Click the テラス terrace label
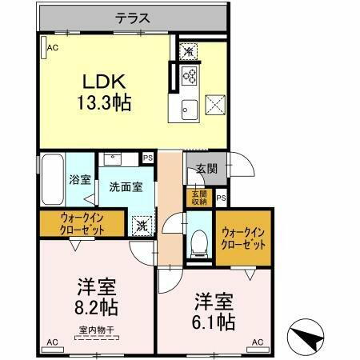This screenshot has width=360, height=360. pyautogui.click(x=134, y=16)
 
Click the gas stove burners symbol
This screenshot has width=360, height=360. pyautogui.click(x=191, y=78)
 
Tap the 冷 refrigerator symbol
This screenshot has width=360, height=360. pyautogui.click(x=188, y=51)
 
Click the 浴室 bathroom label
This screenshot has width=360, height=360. pyautogui.click(x=78, y=180)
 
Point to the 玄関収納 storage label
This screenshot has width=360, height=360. pyautogui.click(x=197, y=197)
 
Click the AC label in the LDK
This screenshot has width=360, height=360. pyautogui.click(x=52, y=49)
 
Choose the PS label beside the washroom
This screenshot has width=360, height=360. pyautogui.click(x=148, y=158)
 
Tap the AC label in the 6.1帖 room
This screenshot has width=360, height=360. pyautogui.click(x=258, y=342)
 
